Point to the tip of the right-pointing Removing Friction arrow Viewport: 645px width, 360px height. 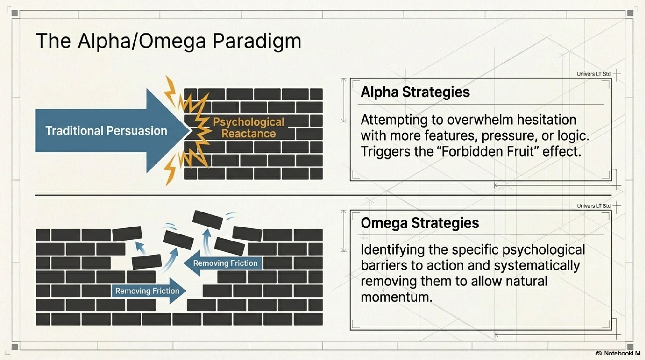pos(186,291)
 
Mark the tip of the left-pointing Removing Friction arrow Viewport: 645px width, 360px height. pos(183,263)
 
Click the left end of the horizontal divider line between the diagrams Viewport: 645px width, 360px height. pos(35,195)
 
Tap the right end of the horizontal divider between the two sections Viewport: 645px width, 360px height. pos(612,195)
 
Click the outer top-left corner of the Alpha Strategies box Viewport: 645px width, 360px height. pos(350,78)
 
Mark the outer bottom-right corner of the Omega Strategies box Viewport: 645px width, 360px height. pos(612,330)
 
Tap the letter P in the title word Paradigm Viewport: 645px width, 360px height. pos(219,41)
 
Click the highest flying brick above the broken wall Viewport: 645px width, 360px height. pos(208,219)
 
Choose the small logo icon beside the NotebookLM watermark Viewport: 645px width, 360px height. pos(599,353)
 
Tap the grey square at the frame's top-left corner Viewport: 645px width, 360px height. pos(14,13)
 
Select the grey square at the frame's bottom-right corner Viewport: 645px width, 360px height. pos(630,347)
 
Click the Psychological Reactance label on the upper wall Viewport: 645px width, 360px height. pos(249,128)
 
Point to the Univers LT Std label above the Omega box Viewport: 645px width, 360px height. pos(594,206)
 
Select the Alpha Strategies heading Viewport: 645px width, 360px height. pos(415,92)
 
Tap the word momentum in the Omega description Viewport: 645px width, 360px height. pos(397,297)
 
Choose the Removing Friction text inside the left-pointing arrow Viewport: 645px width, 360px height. pos(225,263)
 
